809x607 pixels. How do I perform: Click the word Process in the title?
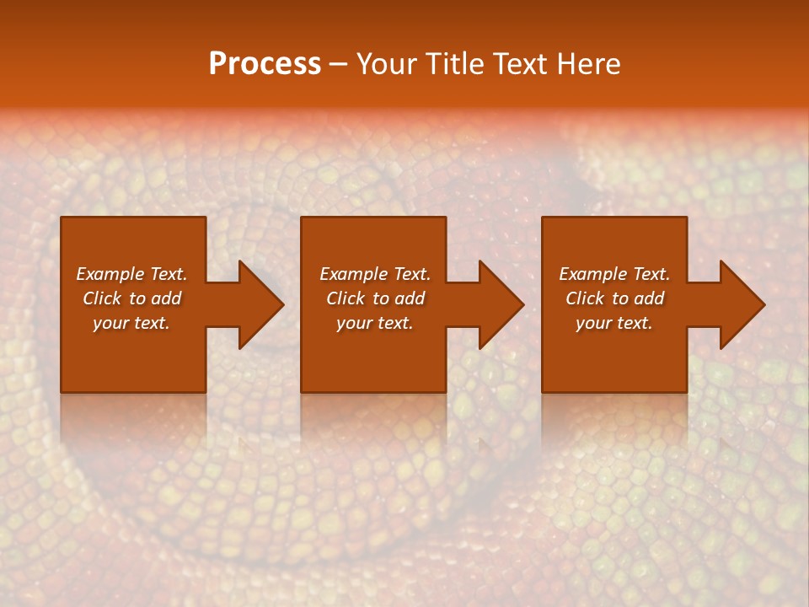(x=265, y=64)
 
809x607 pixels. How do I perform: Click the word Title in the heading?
(x=453, y=64)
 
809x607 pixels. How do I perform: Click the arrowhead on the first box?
(x=257, y=304)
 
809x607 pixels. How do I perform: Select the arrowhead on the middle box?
(x=497, y=304)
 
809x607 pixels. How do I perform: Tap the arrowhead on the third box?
(x=738, y=304)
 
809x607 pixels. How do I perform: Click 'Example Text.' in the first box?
(x=131, y=274)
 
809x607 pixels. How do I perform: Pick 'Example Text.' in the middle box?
(x=374, y=274)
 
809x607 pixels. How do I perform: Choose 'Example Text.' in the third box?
(x=614, y=274)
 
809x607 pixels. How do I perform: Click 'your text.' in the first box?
(x=131, y=323)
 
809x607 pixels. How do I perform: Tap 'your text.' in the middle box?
(x=374, y=323)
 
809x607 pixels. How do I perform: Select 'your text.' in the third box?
(x=614, y=323)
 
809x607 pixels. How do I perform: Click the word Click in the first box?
(x=102, y=298)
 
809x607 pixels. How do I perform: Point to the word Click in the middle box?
(x=346, y=298)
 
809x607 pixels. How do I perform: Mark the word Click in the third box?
(x=585, y=298)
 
